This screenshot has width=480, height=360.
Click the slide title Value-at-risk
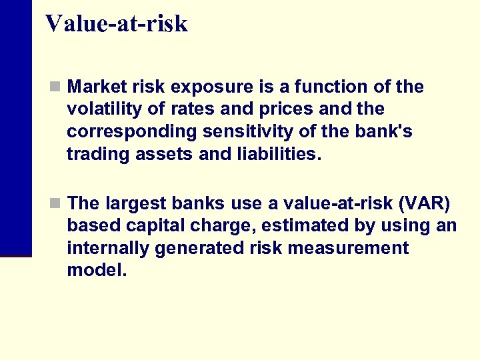117,24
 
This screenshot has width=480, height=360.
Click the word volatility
100,109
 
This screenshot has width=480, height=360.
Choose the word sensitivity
250,132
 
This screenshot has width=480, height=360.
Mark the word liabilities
275,155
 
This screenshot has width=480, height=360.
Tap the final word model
96,271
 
